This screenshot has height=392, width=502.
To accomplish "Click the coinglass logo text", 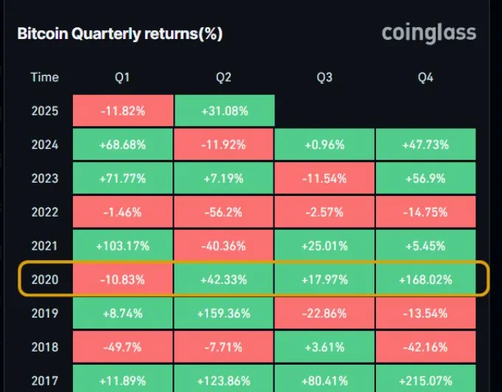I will coord(429,33).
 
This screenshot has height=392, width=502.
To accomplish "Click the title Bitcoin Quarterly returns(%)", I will coord(119,34).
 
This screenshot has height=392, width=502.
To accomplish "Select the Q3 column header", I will coord(324,77).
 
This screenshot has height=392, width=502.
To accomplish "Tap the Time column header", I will coord(45,77).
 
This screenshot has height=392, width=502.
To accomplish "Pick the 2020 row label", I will coord(45,280).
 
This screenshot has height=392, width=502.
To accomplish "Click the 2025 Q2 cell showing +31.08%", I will coord(225,111).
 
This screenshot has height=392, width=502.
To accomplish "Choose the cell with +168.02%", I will coord(425,280).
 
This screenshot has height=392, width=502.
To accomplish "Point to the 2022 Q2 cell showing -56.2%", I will coord(225,212).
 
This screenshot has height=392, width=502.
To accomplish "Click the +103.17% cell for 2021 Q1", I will coord(123,246).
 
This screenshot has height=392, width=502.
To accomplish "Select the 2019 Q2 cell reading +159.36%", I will coord(225,313).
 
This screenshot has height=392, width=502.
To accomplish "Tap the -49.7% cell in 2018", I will coord(123,347).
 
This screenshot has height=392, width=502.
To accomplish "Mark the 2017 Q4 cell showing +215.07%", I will coord(425,380).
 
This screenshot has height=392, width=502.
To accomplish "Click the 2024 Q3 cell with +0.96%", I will coord(324,145).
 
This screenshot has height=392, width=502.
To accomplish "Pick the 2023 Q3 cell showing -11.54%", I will coord(324,179).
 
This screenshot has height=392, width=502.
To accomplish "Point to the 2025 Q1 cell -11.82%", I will coord(123,111).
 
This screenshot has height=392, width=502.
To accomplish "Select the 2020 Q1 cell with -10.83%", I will coord(123,280).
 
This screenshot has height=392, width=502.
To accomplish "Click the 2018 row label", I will coord(45,347).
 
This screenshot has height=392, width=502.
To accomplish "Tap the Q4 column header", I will coord(425,77).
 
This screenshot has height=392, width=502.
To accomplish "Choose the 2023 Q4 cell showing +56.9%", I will coord(425,179).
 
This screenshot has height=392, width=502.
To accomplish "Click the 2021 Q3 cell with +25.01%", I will coord(324,246).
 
